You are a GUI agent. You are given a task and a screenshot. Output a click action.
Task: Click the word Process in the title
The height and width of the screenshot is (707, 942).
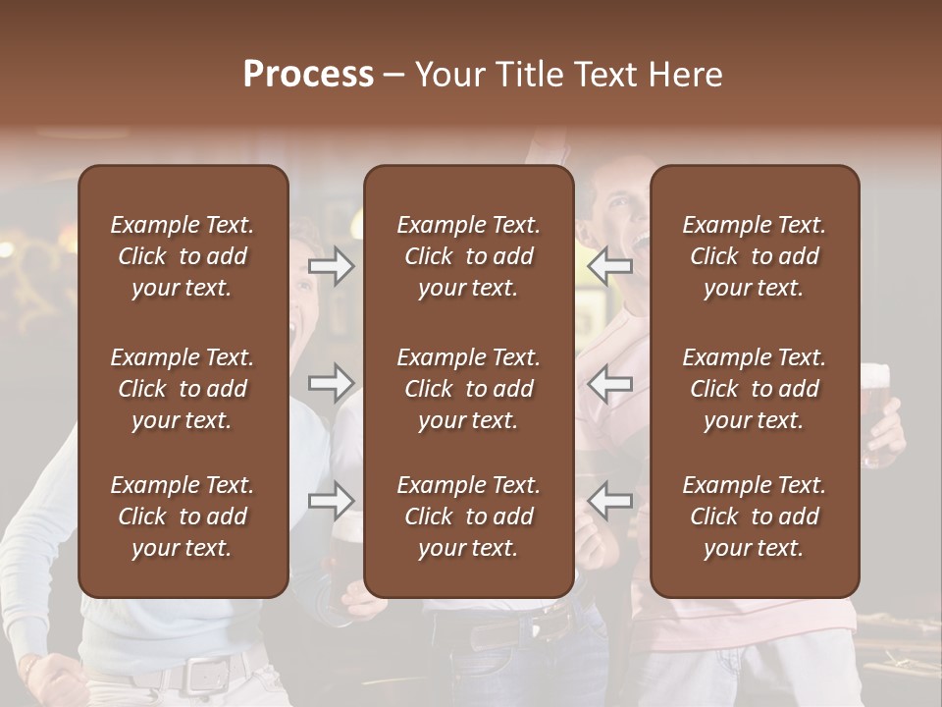308,75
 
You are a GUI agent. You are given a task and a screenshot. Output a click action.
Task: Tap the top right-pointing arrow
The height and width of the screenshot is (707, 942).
331,266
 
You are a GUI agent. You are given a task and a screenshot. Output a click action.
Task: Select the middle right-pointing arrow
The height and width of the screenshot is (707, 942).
331,383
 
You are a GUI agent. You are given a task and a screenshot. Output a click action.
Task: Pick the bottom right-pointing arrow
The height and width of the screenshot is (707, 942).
331,501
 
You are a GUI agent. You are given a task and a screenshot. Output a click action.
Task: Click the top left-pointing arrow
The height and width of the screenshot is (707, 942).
610,266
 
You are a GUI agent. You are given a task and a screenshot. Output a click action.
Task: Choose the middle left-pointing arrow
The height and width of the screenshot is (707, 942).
610,383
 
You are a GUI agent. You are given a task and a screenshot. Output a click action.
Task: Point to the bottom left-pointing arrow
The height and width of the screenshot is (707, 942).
610,501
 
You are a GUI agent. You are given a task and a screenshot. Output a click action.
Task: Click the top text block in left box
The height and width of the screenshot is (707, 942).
183,256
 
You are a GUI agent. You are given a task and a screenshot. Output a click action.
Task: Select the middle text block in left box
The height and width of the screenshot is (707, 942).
183,389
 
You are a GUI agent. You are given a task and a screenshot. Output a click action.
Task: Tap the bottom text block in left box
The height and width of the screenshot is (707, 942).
183,517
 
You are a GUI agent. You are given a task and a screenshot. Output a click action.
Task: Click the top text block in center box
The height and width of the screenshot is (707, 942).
468,256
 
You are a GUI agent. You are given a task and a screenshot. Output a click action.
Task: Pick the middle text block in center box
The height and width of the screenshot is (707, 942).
468,389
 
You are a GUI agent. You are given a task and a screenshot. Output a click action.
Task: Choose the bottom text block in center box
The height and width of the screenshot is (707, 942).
468,517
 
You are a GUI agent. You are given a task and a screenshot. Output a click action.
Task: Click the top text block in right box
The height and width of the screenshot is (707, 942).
754,256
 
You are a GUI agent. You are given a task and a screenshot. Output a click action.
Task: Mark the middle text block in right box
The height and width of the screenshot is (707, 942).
754,389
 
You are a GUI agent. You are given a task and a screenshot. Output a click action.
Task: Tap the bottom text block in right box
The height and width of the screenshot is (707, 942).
754,517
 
